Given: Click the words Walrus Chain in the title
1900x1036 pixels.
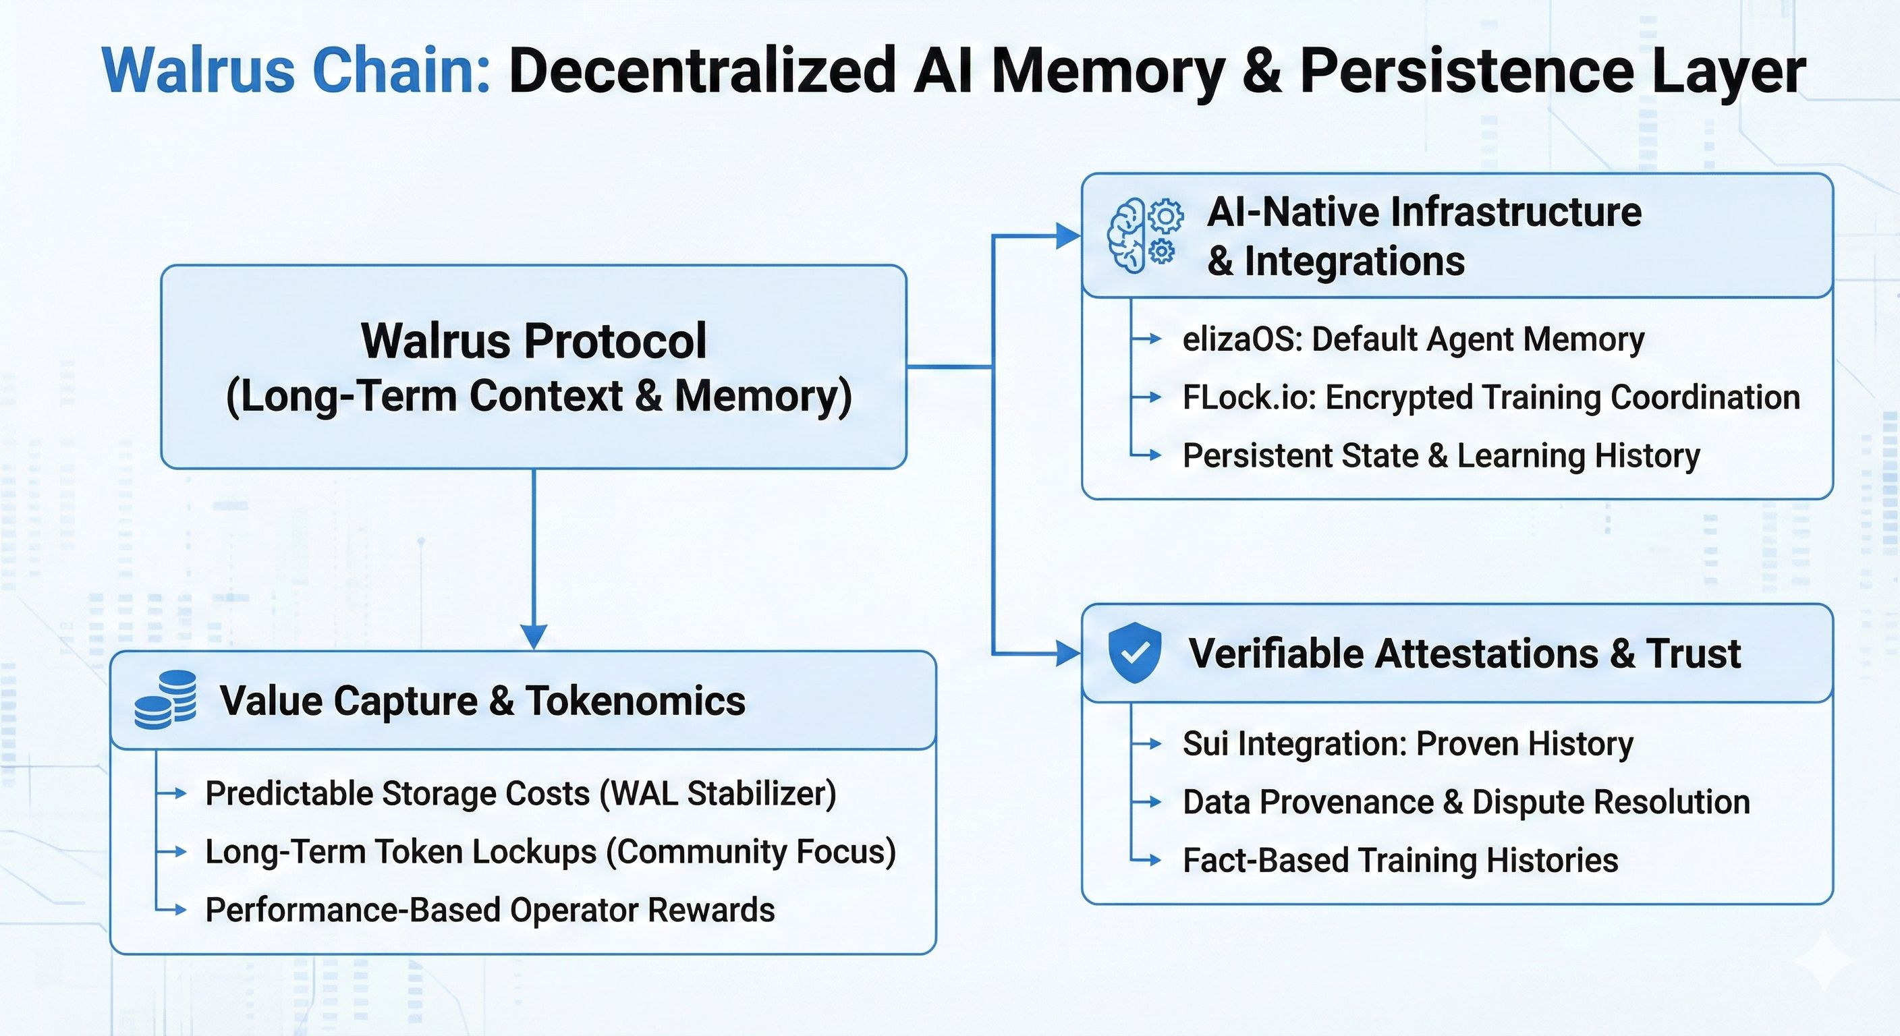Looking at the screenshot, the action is [296, 71].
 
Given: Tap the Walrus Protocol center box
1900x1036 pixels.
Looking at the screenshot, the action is [533, 366].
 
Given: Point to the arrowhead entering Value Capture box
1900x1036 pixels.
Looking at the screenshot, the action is [533, 637].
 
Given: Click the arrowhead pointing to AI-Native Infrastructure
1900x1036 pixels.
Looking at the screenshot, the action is [1068, 236].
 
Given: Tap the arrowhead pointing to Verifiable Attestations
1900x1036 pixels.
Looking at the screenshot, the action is [1068, 654].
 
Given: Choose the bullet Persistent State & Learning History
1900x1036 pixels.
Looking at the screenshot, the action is [1441, 456].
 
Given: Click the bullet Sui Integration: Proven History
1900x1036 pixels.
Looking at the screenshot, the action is [1408, 743].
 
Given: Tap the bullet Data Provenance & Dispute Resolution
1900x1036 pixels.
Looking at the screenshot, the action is [1466, 801].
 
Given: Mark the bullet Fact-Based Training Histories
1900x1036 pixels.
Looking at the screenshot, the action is [1401, 860].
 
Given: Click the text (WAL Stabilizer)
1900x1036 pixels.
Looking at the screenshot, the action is [719, 794].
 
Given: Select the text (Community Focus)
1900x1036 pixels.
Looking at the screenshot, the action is [751, 852].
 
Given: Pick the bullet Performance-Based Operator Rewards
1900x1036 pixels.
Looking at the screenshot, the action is [490, 910].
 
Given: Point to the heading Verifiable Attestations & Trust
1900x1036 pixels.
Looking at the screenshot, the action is [1465, 654].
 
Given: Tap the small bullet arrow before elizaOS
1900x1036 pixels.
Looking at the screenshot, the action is [1146, 339].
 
